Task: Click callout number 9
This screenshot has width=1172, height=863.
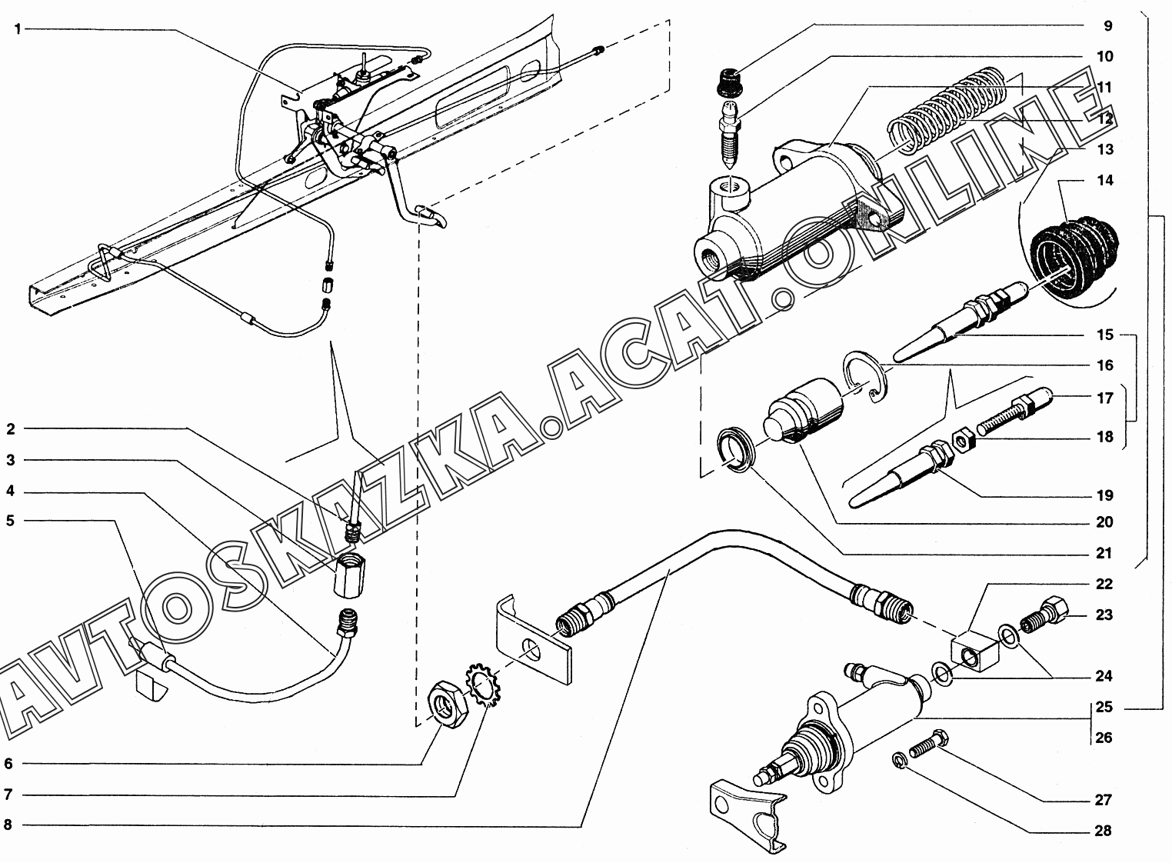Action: click(x=1107, y=26)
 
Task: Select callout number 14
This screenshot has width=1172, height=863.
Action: click(x=1105, y=181)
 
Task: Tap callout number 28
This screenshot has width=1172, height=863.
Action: click(x=1104, y=831)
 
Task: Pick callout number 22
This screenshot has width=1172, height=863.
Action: click(x=1105, y=585)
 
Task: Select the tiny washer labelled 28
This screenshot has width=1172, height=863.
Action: click(x=897, y=760)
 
